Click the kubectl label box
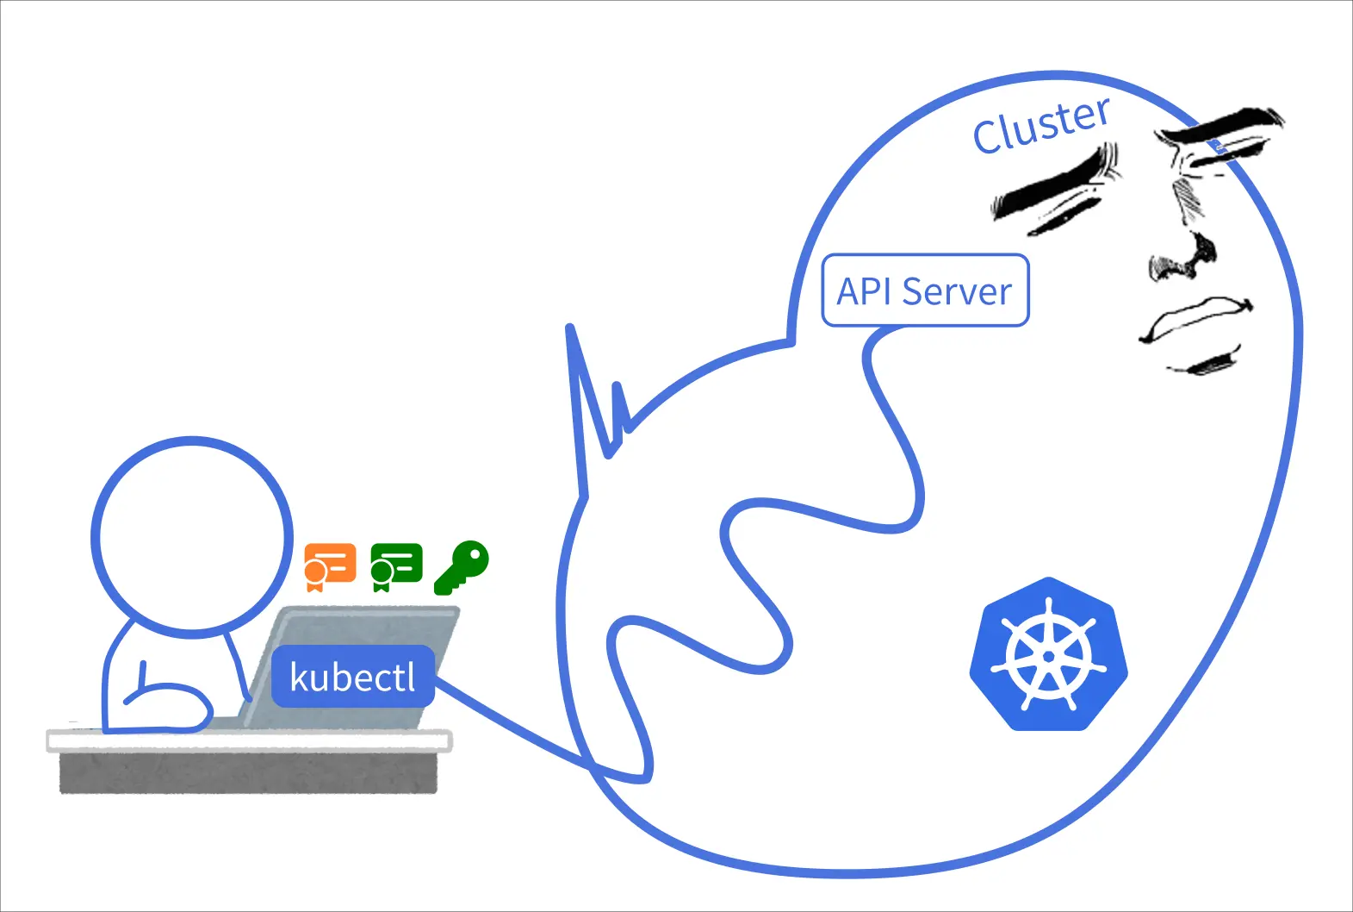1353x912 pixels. [352, 677]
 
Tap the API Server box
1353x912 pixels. [925, 290]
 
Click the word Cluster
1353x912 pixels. [1041, 126]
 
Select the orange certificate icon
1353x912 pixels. [330, 565]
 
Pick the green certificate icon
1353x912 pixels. [396, 565]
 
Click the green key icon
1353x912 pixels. [462, 567]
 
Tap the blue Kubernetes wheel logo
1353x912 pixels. [1048, 654]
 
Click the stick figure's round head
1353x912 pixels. [192, 537]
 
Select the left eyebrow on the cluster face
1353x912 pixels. [1055, 181]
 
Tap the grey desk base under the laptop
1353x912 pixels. [248, 772]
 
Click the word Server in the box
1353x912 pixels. [956, 291]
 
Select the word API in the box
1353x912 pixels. [864, 291]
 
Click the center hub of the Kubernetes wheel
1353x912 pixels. [1048, 656]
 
